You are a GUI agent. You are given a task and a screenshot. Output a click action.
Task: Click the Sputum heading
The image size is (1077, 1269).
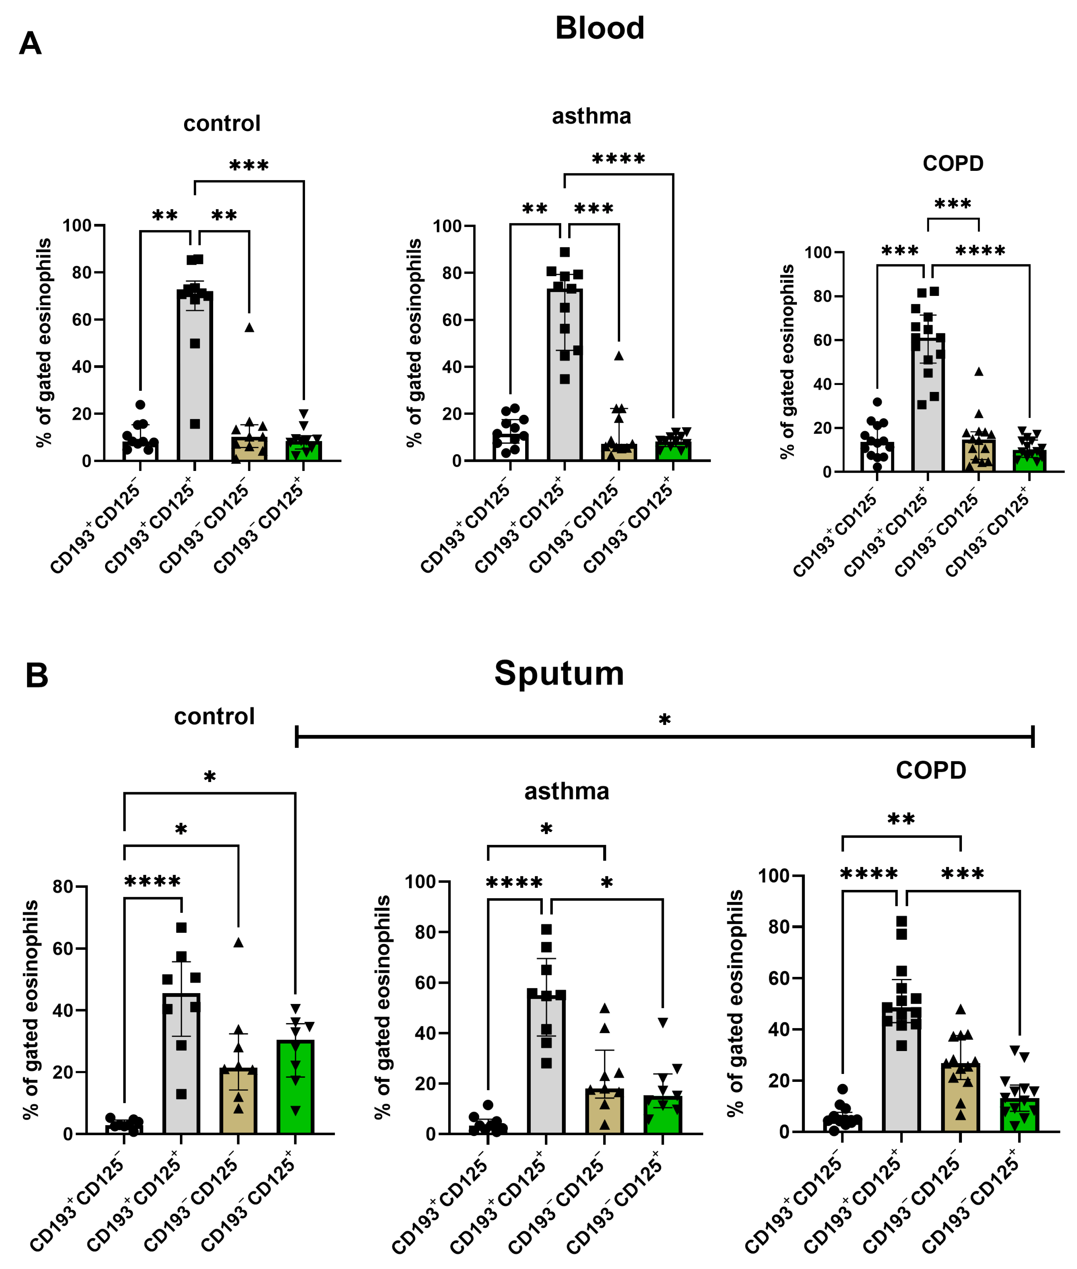[x=559, y=673]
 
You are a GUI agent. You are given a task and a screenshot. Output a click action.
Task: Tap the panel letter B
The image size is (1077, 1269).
[x=37, y=676]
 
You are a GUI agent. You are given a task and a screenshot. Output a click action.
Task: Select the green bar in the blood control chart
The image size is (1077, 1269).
[x=303, y=450]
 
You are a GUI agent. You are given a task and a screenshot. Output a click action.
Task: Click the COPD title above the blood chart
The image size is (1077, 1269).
[x=953, y=164]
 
